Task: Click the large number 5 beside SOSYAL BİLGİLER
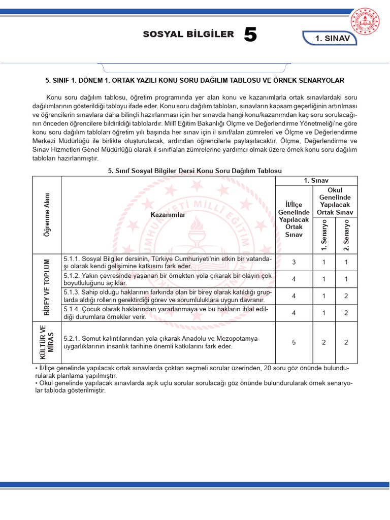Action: [x=250, y=35]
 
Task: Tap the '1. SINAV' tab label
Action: [x=333, y=39]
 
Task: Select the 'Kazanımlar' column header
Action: [x=168, y=215]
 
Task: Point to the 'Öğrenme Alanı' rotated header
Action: [x=47, y=214]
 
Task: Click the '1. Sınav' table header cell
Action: [x=317, y=181]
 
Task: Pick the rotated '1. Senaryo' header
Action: [x=324, y=235]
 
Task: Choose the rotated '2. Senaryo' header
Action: [x=346, y=235]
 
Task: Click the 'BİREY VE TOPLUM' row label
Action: [x=47, y=287]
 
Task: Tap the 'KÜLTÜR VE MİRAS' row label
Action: [x=47, y=342]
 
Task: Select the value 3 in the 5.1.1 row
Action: [x=294, y=262]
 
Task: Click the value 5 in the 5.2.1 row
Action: [x=294, y=342]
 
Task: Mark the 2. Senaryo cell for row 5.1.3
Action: [x=346, y=296]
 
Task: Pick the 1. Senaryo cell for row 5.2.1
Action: [x=324, y=342]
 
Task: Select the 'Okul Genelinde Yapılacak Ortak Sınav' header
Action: [x=335, y=201]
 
